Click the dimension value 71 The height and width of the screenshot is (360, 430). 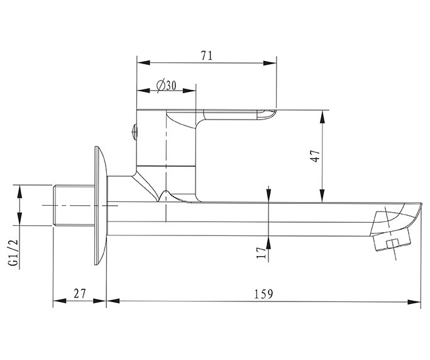pos(206,55)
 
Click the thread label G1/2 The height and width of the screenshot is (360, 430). pos(12,254)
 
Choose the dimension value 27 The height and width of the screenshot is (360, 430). pos(79,294)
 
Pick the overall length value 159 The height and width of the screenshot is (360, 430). pos(263,294)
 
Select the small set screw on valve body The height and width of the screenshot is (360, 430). pos(133,132)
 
